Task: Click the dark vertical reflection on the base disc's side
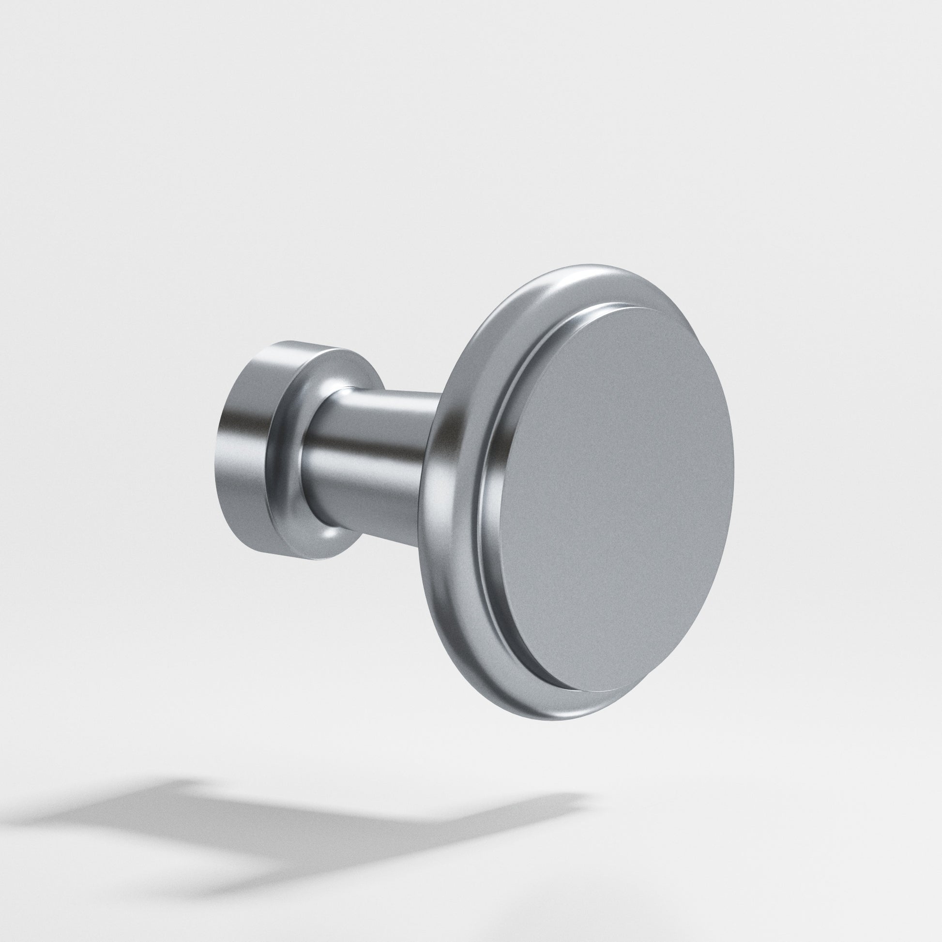click(x=229, y=429)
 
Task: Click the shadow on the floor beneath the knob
click(x=292, y=824)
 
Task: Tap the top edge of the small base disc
click(x=292, y=343)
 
